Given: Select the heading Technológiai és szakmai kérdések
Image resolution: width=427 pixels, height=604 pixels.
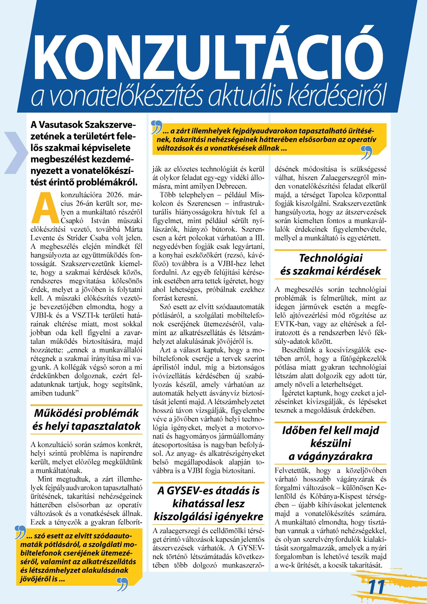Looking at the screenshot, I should tap(330, 264).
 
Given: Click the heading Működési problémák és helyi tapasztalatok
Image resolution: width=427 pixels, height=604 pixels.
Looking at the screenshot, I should tap(86, 419).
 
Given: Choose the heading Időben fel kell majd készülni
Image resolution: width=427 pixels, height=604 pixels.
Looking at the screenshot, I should tap(330, 443).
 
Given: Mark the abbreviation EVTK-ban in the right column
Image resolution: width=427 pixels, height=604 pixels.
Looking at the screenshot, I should tap(288, 324).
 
